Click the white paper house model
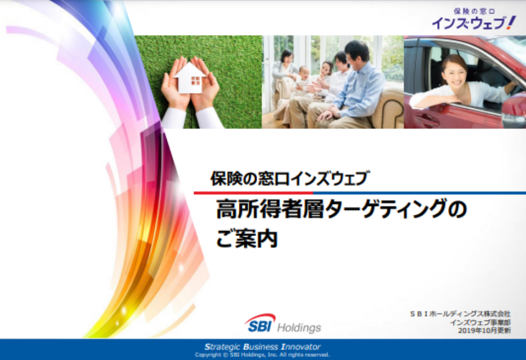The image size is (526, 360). click(190, 78)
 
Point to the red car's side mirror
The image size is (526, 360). click(515, 110)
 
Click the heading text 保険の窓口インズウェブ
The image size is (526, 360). click(290, 178)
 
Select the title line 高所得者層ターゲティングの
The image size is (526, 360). click(341, 209)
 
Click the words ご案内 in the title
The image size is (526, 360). click(247, 238)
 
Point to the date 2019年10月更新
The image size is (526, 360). click(484, 331)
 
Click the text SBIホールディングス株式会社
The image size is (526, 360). click(460, 314)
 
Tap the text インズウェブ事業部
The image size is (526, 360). click(480, 323)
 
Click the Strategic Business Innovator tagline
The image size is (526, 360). click(262, 346)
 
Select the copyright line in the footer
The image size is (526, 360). click(262, 355)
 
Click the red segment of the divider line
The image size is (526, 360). click(254, 193)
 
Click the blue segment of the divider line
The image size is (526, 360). click(419, 193)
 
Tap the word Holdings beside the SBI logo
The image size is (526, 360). click(299, 327)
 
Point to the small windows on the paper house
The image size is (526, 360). click(196, 81)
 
